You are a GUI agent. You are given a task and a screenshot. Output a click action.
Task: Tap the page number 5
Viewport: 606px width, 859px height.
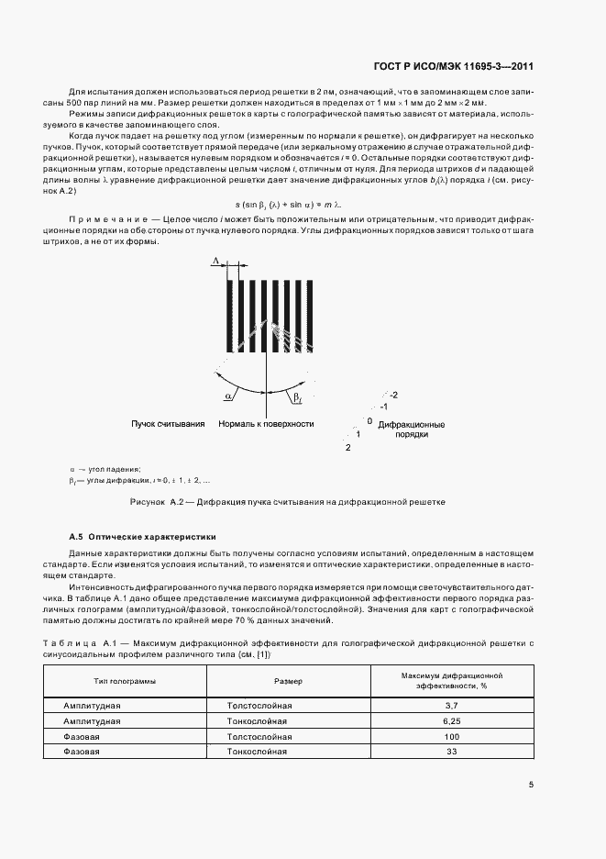click(x=532, y=784)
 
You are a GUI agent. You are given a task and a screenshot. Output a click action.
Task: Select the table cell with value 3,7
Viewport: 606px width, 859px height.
click(x=450, y=705)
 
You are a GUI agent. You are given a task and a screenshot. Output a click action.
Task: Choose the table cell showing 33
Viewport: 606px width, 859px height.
click(x=450, y=752)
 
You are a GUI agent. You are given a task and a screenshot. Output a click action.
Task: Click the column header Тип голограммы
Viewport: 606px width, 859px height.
click(x=125, y=681)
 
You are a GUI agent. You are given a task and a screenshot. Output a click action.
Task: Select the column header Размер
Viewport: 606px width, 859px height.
click(x=288, y=681)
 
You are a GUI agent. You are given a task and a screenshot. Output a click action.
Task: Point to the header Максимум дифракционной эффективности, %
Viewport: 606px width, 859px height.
click(x=450, y=680)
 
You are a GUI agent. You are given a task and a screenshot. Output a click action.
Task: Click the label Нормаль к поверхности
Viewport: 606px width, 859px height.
click(x=266, y=425)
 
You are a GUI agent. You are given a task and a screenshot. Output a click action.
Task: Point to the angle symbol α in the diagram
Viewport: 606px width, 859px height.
click(x=227, y=396)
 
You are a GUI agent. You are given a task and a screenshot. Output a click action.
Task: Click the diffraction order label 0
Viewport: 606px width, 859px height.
click(x=369, y=420)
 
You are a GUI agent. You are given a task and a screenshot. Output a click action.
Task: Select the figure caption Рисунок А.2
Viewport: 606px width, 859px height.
click(x=289, y=502)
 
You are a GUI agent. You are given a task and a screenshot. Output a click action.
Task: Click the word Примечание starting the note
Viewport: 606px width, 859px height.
click(x=106, y=224)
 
